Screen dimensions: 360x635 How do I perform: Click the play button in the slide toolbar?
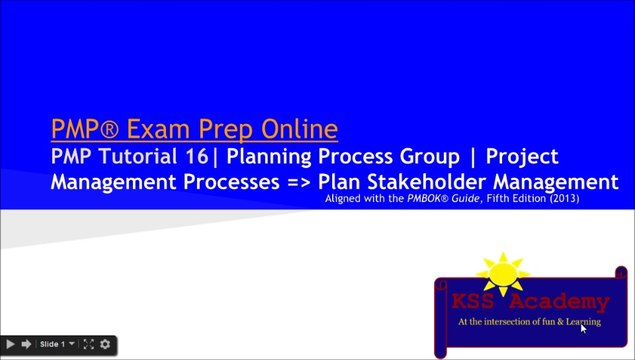[x=10, y=345]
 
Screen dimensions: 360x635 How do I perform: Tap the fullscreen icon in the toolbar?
[x=88, y=345]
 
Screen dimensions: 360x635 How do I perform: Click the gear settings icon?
[x=105, y=345]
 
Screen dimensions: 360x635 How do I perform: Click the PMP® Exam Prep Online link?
[x=195, y=129]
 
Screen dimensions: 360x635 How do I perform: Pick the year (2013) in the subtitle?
[x=560, y=199]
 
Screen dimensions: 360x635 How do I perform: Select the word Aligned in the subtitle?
[x=345, y=199]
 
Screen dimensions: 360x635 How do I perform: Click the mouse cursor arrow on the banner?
[x=583, y=327]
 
